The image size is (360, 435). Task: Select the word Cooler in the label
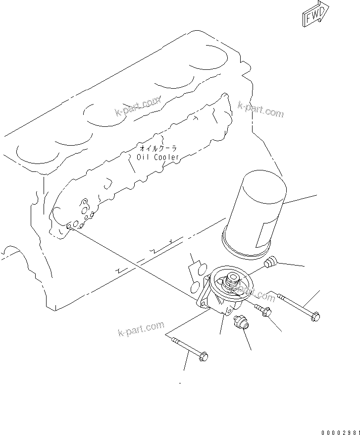(166, 157)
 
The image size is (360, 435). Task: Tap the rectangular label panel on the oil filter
(264, 234)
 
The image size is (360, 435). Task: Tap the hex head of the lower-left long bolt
(203, 356)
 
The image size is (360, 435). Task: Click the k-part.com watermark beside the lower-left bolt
(141, 328)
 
